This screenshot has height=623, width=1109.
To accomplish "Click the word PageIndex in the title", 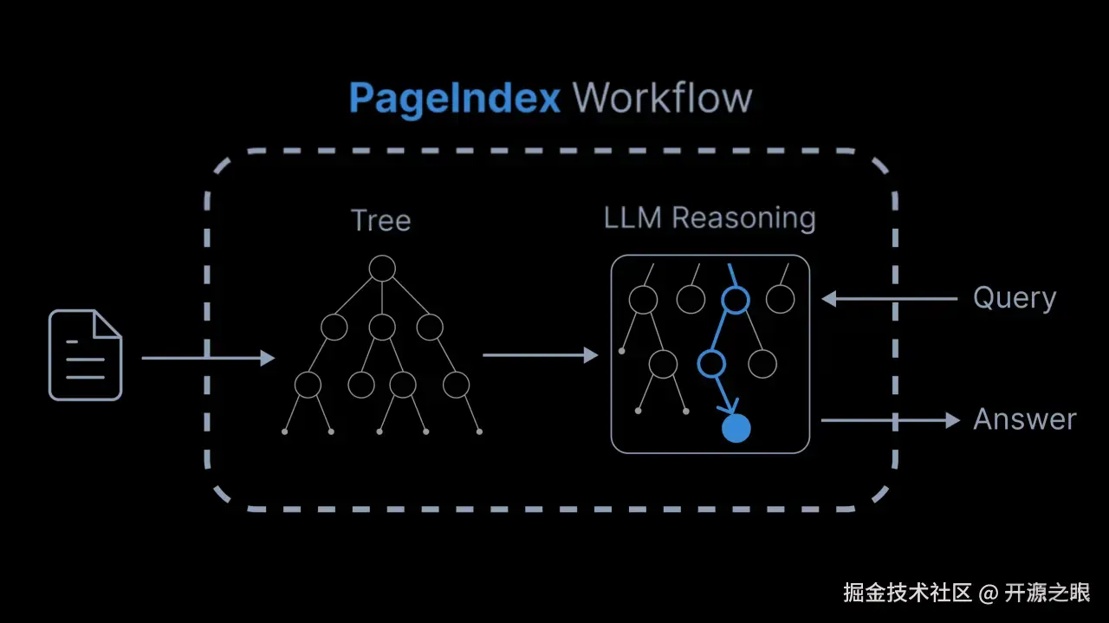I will (x=455, y=99).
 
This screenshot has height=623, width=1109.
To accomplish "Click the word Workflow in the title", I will (x=663, y=98).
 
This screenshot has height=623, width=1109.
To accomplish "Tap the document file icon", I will (x=85, y=355).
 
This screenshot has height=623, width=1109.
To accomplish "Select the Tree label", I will (x=380, y=220).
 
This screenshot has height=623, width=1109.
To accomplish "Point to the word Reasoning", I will (x=743, y=218).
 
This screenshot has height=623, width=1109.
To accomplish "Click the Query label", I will (x=1015, y=298).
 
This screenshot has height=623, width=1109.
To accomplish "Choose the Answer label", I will (x=1024, y=419).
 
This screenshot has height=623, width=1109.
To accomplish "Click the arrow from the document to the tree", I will (x=208, y=357).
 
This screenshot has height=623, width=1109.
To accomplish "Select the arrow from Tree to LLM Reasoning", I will (x=540, y=354).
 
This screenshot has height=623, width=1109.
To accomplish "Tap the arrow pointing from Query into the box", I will (x=889, y=299).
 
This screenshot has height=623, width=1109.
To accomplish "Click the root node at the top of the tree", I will (x=382, y=269).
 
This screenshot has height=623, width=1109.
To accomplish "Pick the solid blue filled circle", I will (x=736, y=428).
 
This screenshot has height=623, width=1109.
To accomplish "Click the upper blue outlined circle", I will (x=736, y=300).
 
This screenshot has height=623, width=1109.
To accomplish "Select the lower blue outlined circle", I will (x=711, y=363).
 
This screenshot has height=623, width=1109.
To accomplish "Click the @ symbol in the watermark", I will (x=989, y=594).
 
